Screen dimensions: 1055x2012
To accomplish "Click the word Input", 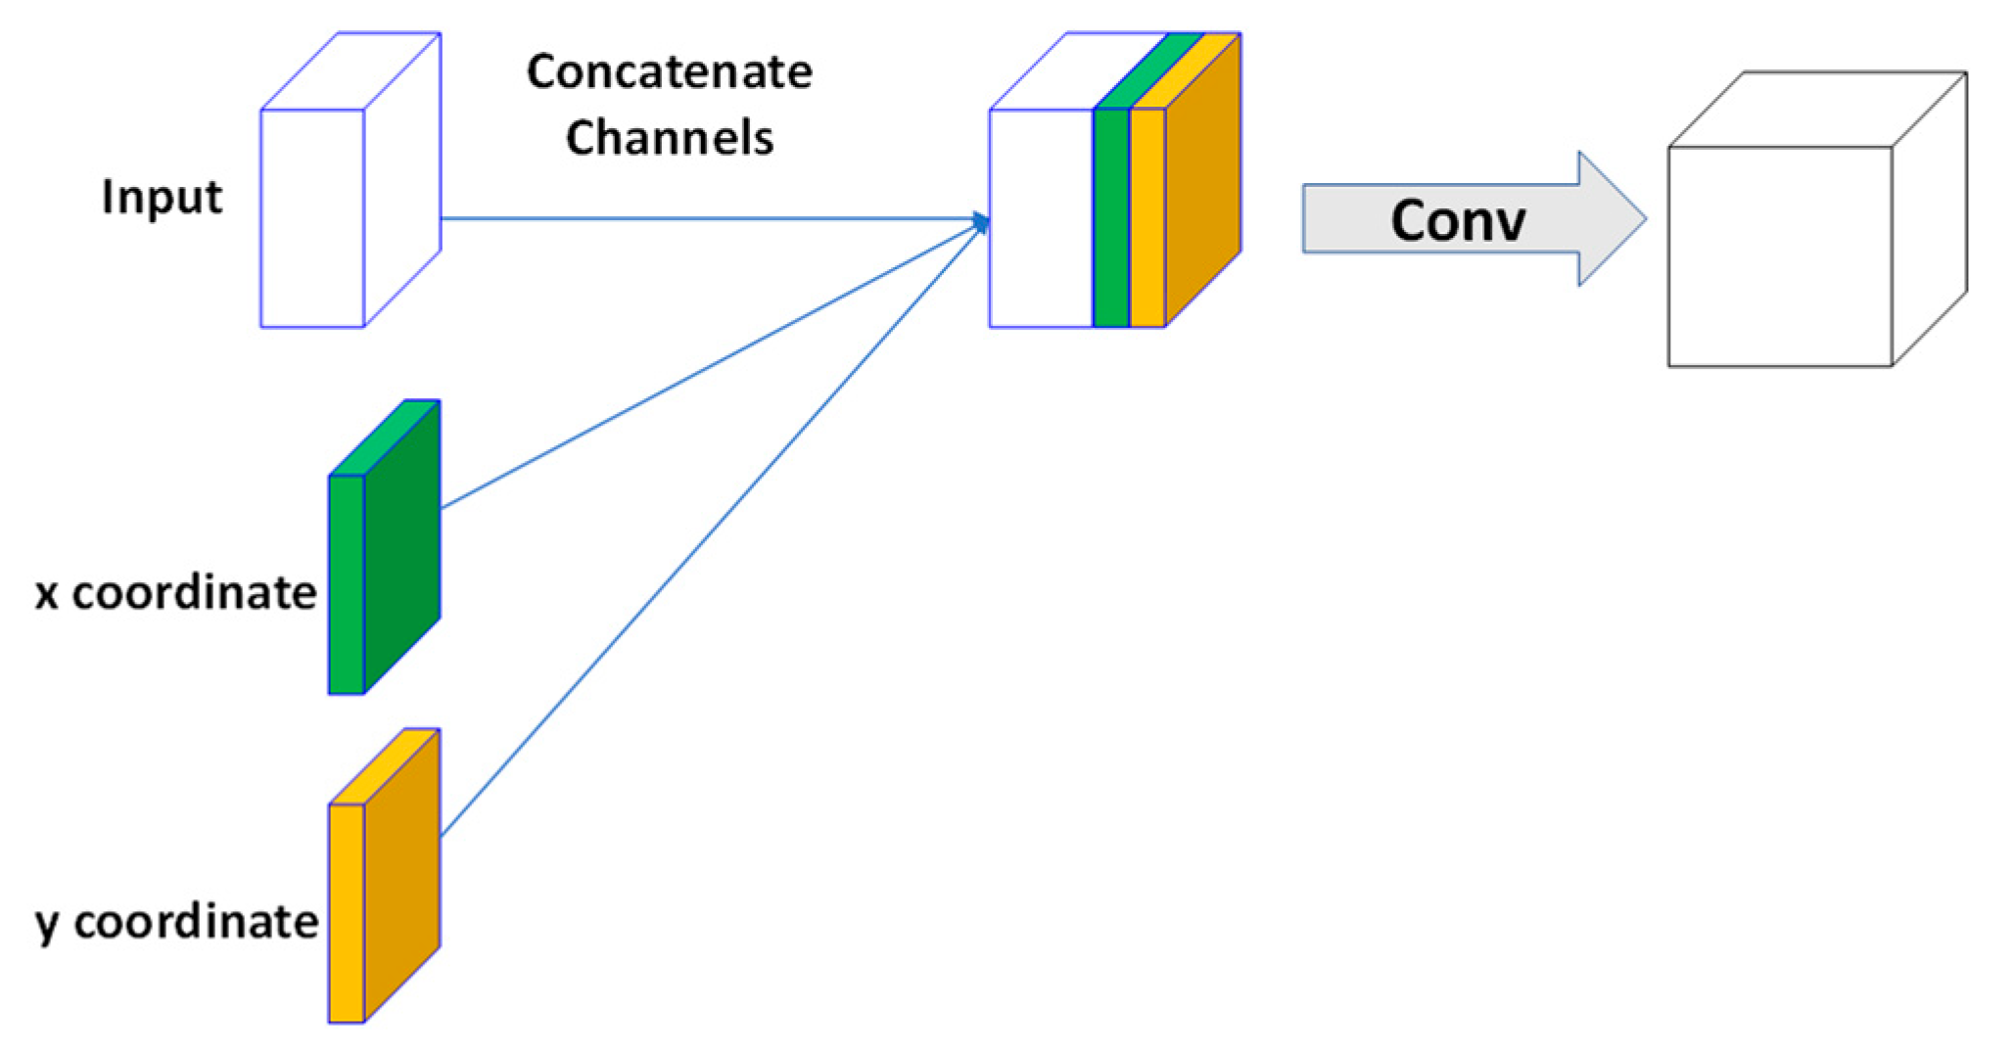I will (x=162, y=198).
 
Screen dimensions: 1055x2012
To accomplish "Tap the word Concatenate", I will (x=669, y=72).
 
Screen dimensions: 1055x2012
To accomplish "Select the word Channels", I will (x=669, y=138).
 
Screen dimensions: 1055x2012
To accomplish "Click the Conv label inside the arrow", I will (x=1457, y=221).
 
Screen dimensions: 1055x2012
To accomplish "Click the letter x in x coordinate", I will (x=46, y=595).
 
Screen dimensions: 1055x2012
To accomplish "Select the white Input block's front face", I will (x=311, y=218).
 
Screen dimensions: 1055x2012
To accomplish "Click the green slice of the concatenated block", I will (x=1110, y=218).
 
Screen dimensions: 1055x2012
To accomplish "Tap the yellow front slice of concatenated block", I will (x=1146, y=218).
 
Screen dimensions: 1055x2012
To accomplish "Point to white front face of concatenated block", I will (x=1040, y=218).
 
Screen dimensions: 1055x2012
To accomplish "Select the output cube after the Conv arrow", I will (x=1779, y=256).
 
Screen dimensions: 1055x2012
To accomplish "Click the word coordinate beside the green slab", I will (x=194, y=594).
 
